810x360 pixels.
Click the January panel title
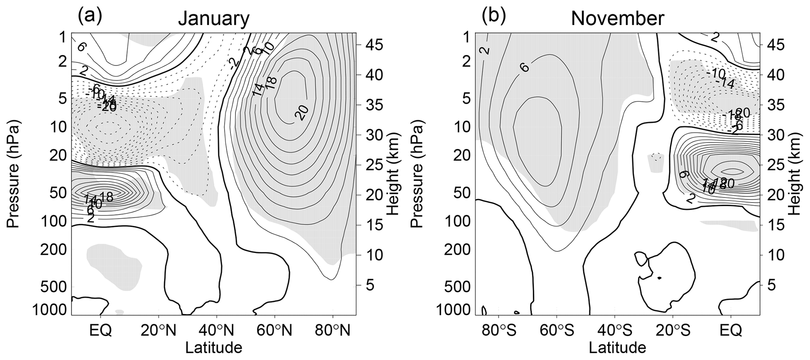pos(214,18)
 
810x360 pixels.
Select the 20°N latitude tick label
pos(159,331)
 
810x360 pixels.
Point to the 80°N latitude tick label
pos(333,331)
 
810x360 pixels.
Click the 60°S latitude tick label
pos(556,331)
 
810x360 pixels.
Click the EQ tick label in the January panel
pos(101,331)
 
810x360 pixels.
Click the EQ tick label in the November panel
pos(731,331)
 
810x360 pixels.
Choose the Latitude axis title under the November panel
pos(617,347)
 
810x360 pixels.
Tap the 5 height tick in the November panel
pos(771,285)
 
